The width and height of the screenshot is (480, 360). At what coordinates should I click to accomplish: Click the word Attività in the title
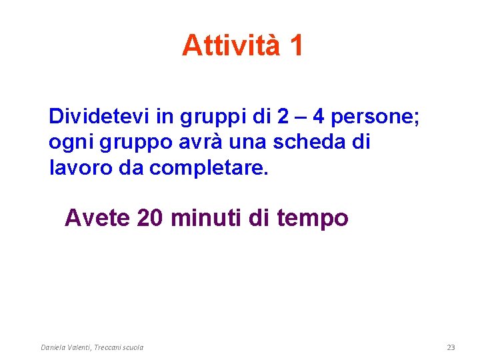[229, 45]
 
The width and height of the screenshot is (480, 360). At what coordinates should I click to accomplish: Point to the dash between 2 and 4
[301, 117]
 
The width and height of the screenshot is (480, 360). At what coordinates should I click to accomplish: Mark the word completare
[209, 168]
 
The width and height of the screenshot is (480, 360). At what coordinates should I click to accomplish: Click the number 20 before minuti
[151, 218]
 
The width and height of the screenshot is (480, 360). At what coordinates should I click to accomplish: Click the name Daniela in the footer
[53, 347]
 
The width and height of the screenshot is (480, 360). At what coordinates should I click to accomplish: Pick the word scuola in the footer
[131, 347]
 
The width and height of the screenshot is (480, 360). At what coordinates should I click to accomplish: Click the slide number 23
[451, 347]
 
